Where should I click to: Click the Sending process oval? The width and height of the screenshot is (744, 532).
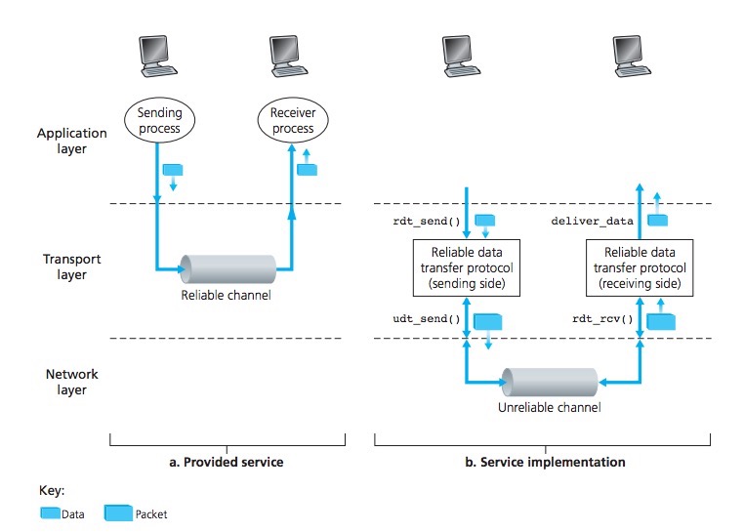pyautogui.click(x=159, y=121)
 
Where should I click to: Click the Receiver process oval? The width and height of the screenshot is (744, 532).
pyautogui.click(x=293, y=121)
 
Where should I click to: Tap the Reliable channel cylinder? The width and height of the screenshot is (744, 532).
pyautogui.click(x=225, y=266)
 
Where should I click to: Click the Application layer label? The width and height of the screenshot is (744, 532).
pyautogui.click(x=74, y=142)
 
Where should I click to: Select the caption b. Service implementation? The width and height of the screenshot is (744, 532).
pyautogui.click(x=552, y=461)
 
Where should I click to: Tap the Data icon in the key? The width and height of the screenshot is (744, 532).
pyautogui.click(x=48, y=512)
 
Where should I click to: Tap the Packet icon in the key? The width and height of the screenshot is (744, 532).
pyautogui.click(x=119, y=512)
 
